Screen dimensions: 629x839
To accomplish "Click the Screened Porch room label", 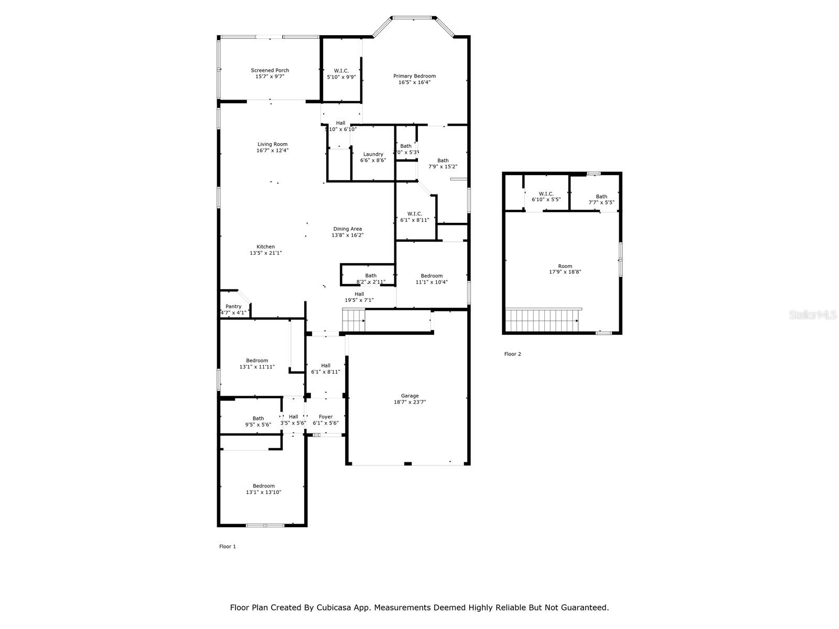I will coord(270,70).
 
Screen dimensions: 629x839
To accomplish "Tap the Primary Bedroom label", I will coord(414,76).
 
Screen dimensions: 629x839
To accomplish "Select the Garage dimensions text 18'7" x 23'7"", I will coord(410,403).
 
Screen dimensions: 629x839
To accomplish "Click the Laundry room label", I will coord(373,154).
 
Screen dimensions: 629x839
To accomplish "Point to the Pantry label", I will coord(233,307).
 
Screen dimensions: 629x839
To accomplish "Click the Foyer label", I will coord(326,417).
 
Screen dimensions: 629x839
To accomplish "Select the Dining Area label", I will coord(347,229).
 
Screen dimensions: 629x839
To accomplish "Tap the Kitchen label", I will coord(265,247).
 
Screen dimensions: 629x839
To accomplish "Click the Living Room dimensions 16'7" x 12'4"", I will coord(272,150).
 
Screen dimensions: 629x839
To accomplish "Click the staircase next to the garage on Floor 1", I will coord(353,320).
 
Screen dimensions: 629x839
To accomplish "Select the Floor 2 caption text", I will coord(512,354).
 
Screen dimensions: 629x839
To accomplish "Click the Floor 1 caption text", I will coord(227,547).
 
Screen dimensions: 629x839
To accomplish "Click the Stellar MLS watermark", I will coord(813,315).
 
